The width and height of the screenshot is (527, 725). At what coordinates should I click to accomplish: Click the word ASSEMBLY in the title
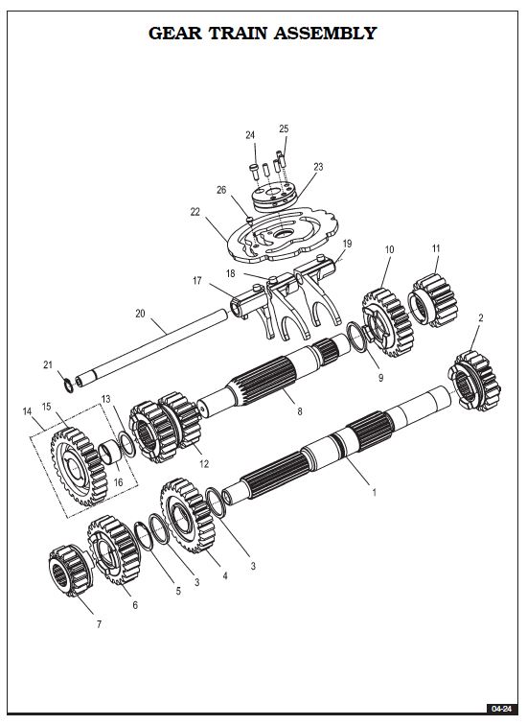click(x=325, y=34)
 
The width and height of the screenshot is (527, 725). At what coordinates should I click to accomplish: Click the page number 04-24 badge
click(x=501, y=709)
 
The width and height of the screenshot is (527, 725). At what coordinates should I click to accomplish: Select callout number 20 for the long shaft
click(x=140, y=313)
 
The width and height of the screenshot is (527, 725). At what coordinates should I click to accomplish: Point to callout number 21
click(x=48, y=364)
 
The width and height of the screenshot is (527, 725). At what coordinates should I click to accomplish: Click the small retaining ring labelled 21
click(x=68, y=386)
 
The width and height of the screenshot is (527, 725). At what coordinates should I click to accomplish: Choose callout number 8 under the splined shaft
click(x=300, y=411)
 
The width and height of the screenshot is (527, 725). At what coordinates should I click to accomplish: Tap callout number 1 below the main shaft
click(x=374, y=492)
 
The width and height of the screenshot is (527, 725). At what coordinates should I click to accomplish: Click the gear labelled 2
click(x=474, y=382)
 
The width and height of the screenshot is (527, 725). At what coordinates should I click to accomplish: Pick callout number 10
click(x=389, y=249)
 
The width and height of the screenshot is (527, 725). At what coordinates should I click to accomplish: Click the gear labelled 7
click(x=69, y=571)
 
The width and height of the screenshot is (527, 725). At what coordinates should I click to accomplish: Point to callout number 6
click(x=135, y=605)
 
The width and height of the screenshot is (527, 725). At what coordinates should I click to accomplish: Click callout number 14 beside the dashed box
click(x=27, y=411)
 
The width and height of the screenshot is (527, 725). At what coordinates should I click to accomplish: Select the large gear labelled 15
click(x=79, y=466)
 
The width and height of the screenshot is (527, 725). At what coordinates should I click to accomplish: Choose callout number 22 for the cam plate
click(x=195, y=211)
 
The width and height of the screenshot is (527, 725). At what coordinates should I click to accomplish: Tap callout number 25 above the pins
click(x=284, y=129)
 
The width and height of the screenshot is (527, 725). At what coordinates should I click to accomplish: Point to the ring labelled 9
click(x=356, y=337)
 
